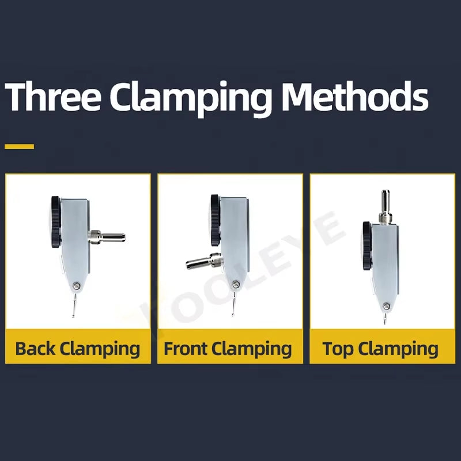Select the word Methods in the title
click(x=355, y=96)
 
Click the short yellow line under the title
click(x=20, y=146)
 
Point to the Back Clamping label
click(x=78, y=349)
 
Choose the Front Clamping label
click(x=228, y=349)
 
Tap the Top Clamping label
click(x=380, y=349)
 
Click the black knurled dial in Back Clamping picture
click(x=56, y=222)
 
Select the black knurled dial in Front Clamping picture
click(x=216, y=220)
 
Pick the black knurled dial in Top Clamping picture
click(x=368, y=245)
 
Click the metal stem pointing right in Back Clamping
click(x=107, y=236)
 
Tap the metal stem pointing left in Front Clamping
click(x=205, y=260)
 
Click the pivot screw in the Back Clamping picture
click(x=77, y=285)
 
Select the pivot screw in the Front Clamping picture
click(x=235, y=284)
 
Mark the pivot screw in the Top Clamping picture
click(x=387, y=307)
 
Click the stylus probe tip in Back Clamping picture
click(x=73, y=316)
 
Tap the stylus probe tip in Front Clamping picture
click(x=233, y=315)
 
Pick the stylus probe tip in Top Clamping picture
click(x=385, y=323)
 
